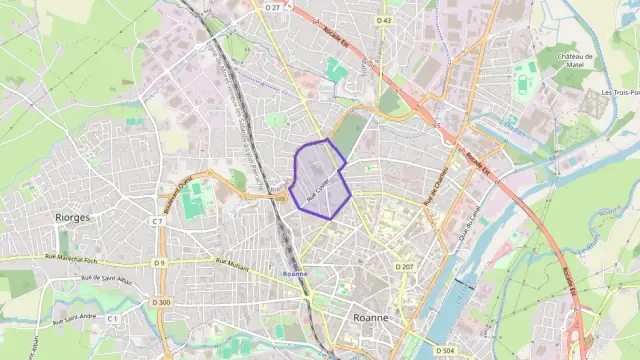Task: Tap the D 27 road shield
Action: pos(273,7)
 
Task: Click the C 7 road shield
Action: pos(157,221)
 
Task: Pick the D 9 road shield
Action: pos(159,263)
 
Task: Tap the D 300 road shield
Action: pos(163,302)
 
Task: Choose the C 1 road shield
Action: pos(113,317)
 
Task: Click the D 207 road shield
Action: pos(404,267)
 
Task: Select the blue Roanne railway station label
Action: pos(295,273)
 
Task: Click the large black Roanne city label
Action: pos(372,316)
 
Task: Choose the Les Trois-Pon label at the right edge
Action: pos(619,93)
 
